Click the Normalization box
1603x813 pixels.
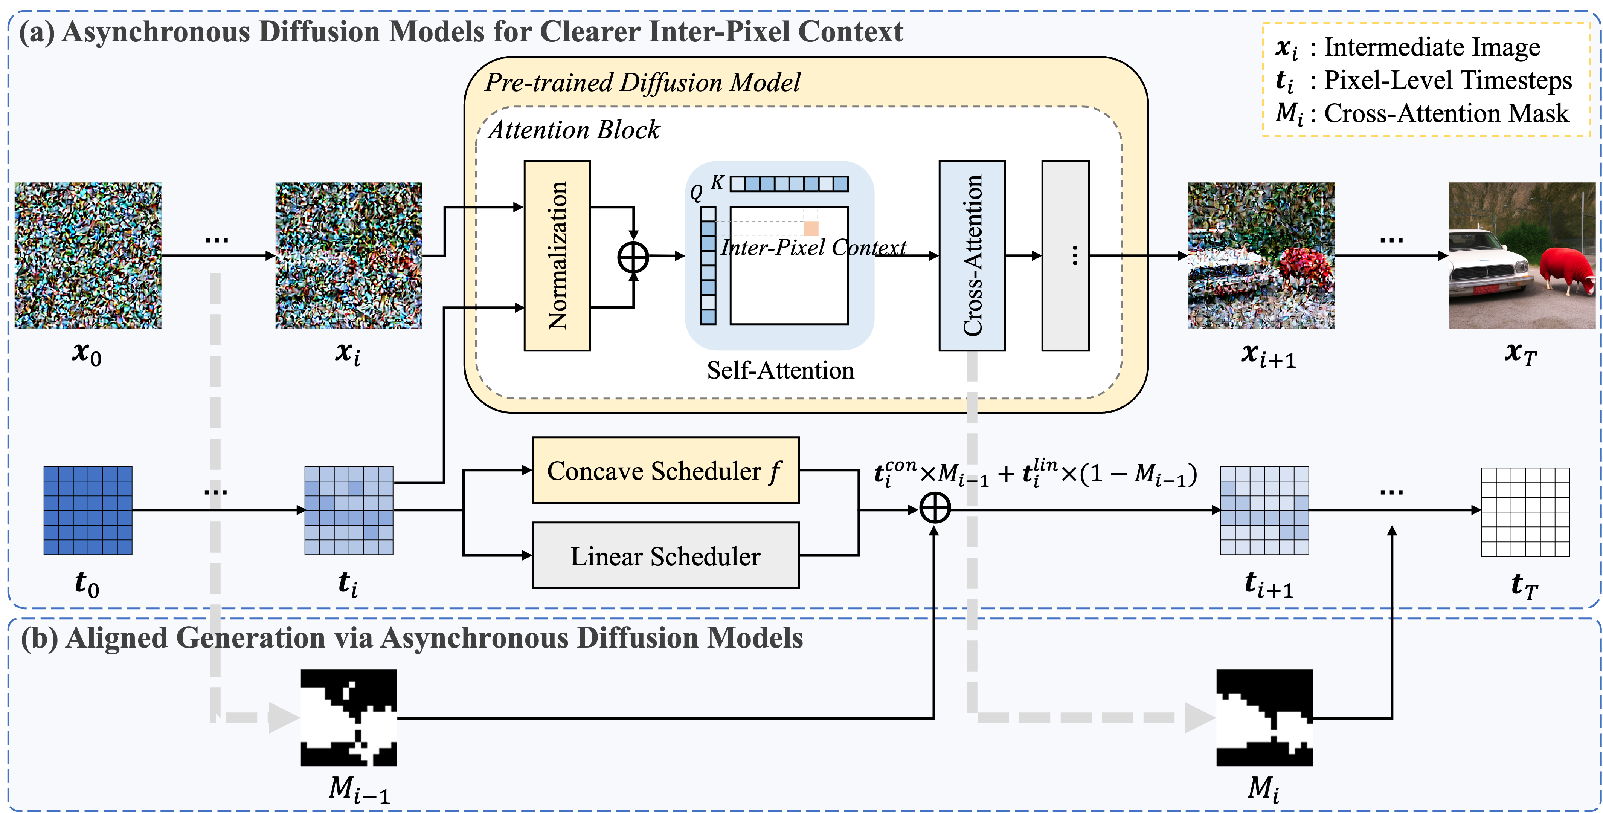click(557, 256)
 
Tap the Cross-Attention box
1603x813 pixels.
click(972, 256)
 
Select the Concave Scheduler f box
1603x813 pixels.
click(665, 471)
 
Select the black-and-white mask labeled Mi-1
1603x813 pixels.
click(348, 718)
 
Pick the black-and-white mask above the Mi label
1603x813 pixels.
click(1264, 718)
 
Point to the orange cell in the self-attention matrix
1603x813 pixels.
click(811, 228)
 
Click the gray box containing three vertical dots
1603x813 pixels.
click(1065, 256)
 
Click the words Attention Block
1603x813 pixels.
click(574, 130)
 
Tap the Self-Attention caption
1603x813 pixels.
click(780, 370)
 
